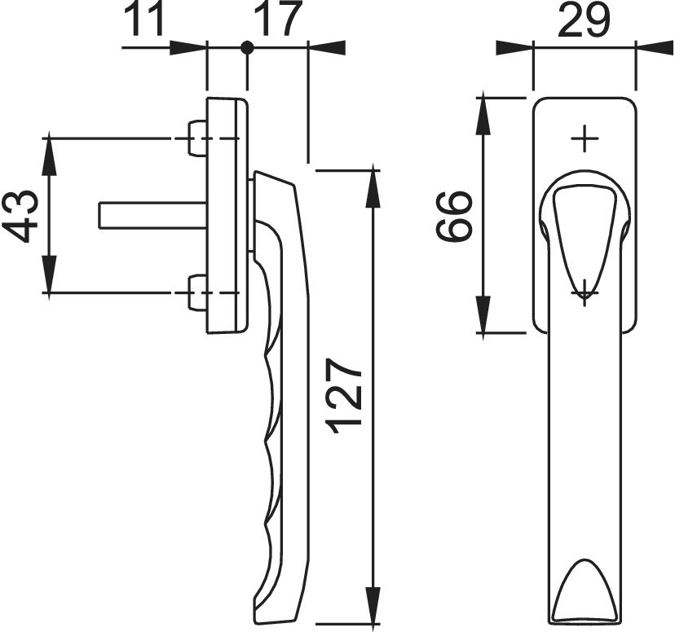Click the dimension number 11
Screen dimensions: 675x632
[144, 20]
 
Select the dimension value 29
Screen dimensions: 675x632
[585, 20]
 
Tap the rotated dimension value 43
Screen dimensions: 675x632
[20, 216]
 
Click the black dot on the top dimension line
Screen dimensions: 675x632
[247, 47]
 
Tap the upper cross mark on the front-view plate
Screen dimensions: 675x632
[585, 138]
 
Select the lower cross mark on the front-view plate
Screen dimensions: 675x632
[585, 292]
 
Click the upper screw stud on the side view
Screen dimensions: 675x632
[198, 138]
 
